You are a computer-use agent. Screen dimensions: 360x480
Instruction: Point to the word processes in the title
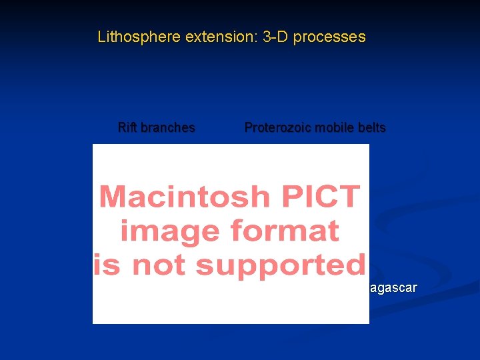pos(329,37)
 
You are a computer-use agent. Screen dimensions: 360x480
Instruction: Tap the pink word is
pos(105,265)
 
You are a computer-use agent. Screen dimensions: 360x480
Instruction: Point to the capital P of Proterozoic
pos(249,127)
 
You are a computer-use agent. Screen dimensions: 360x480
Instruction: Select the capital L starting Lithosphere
pos(101,37)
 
